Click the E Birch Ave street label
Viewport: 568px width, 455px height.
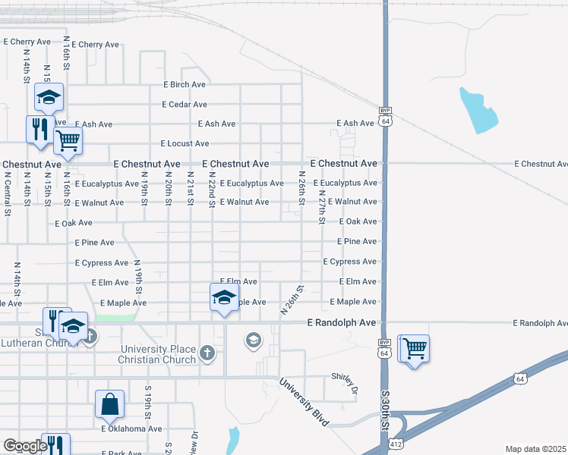[x=185, y=85]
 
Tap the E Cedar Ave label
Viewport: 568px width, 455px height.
[x=185, y=105]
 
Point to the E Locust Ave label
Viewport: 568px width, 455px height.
[x=185, y=143]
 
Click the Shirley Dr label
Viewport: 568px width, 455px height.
[x=344, y=377]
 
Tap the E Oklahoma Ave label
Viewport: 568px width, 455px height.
[x=131, y=428]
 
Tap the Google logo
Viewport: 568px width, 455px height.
[x=24, y=446]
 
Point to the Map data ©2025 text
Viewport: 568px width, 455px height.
[x=536, y=449]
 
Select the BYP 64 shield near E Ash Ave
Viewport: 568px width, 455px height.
[x=386, y=117]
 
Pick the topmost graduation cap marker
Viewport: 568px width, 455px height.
[x=48, y=97]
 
